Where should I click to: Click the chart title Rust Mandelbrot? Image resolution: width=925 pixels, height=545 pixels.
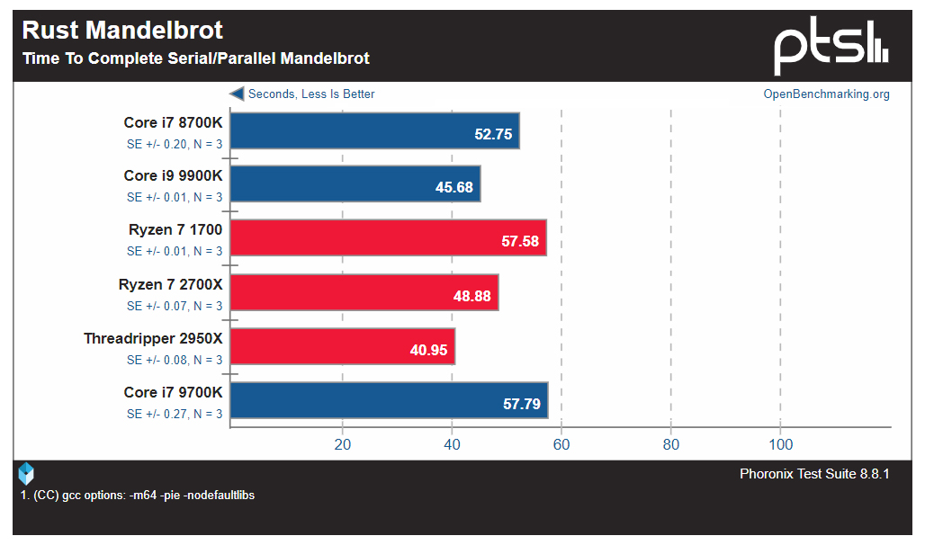click(x=122, y=30)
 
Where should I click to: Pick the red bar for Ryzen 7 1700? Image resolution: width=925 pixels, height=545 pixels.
click(x=388, y=238)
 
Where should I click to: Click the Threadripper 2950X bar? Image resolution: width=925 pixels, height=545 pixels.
click(x=342, y=346)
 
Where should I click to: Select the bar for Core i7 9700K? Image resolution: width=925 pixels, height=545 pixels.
click(x=388, y=400)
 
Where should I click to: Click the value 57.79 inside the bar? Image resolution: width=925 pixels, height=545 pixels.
click(x=522, y=405)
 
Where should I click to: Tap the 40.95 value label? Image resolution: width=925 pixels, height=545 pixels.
click(x=428, y=351)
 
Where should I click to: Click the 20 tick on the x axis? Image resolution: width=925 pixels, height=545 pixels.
click(x=343, y=444)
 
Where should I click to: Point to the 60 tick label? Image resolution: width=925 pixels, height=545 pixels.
click(x=561, y=444)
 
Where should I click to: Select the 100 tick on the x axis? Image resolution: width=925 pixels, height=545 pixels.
click(x=781, y=444)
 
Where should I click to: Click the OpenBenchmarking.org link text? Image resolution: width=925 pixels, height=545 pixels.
click(x=826, y=94)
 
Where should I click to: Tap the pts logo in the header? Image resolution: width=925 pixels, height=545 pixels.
click(x=831, y=49)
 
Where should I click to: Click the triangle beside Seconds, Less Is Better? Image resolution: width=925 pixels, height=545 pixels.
click(x=237, y=94)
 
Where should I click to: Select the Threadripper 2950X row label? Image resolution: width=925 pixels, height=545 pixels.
click(x=153, y=339)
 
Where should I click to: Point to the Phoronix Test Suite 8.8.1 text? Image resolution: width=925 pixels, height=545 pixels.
click(x=814, y=474)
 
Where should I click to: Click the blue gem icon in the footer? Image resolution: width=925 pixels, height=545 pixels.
click(x=26, y=473)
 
